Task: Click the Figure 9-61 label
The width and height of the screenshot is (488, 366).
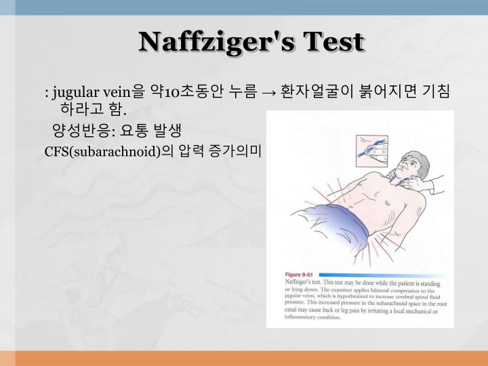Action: (x=302, y=274)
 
